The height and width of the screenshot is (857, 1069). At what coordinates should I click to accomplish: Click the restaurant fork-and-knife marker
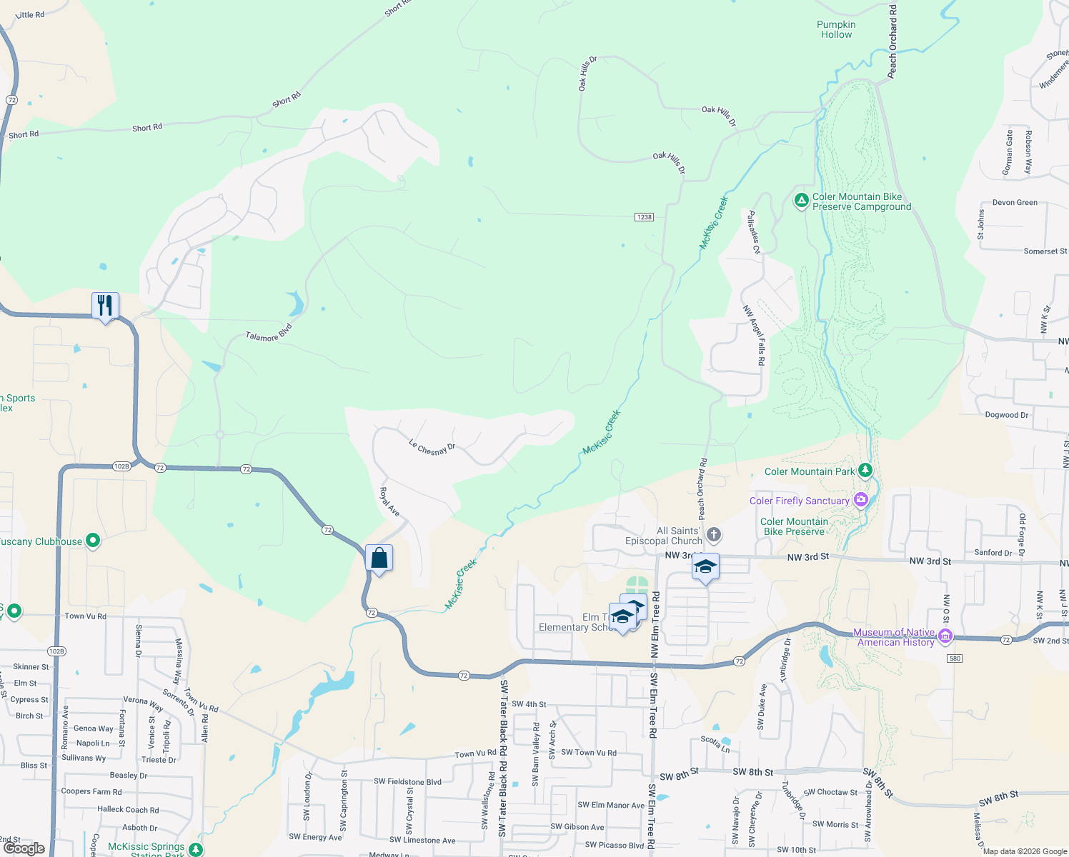105,306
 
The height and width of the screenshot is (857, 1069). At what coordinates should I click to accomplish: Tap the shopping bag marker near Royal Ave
379,558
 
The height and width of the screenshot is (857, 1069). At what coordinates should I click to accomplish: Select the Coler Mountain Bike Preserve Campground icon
802,201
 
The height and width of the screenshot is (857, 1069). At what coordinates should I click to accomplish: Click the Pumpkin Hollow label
836,29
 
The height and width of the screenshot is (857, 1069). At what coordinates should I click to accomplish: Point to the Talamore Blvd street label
269,333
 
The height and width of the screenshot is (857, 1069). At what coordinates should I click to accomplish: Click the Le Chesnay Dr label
432,448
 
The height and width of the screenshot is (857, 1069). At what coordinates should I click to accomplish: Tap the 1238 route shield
644,217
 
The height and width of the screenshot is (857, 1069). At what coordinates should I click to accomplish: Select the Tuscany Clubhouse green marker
92,541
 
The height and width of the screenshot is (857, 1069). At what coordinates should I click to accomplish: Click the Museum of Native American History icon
945,636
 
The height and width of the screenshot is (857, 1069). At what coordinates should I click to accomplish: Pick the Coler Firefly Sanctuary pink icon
861,500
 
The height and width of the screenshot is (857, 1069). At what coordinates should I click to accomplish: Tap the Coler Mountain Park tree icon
865,470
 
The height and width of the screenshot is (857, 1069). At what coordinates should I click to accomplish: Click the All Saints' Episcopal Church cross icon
713,535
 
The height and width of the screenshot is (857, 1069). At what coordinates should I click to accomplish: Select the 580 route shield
955,658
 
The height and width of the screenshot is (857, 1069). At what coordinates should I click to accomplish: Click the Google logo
24,848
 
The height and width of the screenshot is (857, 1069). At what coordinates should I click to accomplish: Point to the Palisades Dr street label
753,232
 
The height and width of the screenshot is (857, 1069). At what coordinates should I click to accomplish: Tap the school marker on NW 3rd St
705,567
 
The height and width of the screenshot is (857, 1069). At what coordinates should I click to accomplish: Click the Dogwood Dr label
1007,415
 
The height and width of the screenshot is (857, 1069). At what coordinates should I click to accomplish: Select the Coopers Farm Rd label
91,791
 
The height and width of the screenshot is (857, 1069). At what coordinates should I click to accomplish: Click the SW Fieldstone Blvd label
407,781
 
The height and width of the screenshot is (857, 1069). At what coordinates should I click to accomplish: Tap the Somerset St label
1045,251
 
